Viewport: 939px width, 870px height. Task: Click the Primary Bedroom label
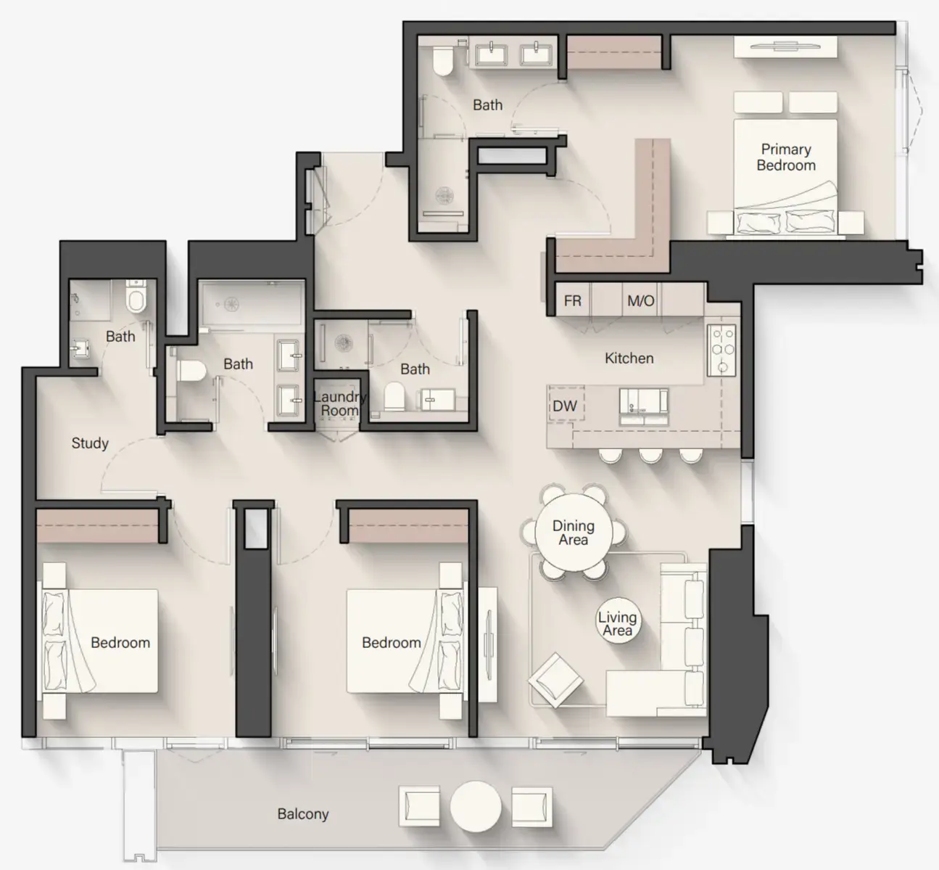[x=785, y=157]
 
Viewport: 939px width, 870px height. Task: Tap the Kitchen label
[x=629, y=358]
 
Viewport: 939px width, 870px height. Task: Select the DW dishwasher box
[x=565, y=406]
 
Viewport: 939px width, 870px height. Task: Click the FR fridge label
[x=572, y=300]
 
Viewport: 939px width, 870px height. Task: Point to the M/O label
[x=640, y=300]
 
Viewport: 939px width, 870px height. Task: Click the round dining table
[x=573, y=533]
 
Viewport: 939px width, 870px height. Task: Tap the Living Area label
[x=617, y=624]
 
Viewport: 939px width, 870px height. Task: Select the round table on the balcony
[x=475, y=806]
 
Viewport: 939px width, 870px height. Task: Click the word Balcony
[x=302, y=814]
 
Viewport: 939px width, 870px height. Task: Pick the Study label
[x=90, y=443]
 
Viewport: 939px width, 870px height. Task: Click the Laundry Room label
[x=339, y=403]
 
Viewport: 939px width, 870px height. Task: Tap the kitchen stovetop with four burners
[x=721, y=349]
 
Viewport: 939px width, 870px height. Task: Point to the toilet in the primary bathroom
[x=442, y=61]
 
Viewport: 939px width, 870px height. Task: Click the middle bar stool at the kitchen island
[x=650, y=455]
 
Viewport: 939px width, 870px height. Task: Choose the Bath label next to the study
[x=120, y=336]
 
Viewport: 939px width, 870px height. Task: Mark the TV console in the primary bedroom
[x=785, y=46]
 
